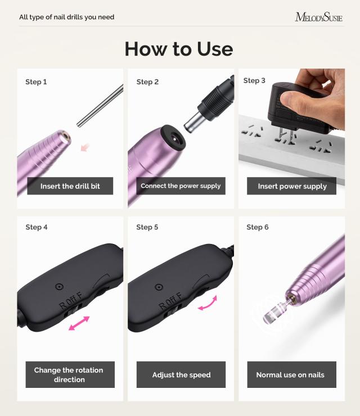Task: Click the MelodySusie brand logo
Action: [x=318, y=17]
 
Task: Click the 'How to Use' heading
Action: [x=179, y=49]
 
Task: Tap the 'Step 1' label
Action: [x=36, y=82]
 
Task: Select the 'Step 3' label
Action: [x=254, y=81]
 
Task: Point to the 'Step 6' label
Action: [x=258, y=227]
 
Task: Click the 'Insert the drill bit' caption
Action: [x=70, y=186]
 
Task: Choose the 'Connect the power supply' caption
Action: [x=181, y=186]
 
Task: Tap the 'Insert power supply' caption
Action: [x=292, y=186]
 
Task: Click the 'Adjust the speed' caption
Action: [x=181, y=375]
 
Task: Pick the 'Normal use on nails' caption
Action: [x=290, y=375]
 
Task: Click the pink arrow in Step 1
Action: [x=85, y=147]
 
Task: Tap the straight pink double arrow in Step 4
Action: [x=78, y=324]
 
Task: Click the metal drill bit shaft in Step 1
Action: [x=101, y=105]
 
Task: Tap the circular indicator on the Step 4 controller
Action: [x=59, y=287]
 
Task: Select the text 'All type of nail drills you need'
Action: [x=66, y=17]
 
